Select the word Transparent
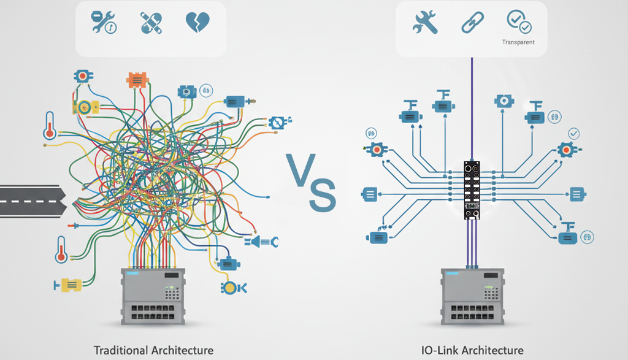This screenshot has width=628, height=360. click(x=518, y=42)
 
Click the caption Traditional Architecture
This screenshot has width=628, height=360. click(x=153, y=350)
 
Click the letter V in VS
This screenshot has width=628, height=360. click(x=301, y=169)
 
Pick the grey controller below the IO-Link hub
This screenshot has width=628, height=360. click(x=472, y=296)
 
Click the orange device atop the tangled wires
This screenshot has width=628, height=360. click(x=137, y=80)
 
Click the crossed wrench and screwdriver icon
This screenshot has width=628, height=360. click(x=425, y=23)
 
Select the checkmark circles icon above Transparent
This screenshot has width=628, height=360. click(x=519, y=21)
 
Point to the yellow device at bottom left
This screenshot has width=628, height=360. click(x=69, y=285)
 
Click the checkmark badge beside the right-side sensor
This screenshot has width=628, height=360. click(x=574, y=133)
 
